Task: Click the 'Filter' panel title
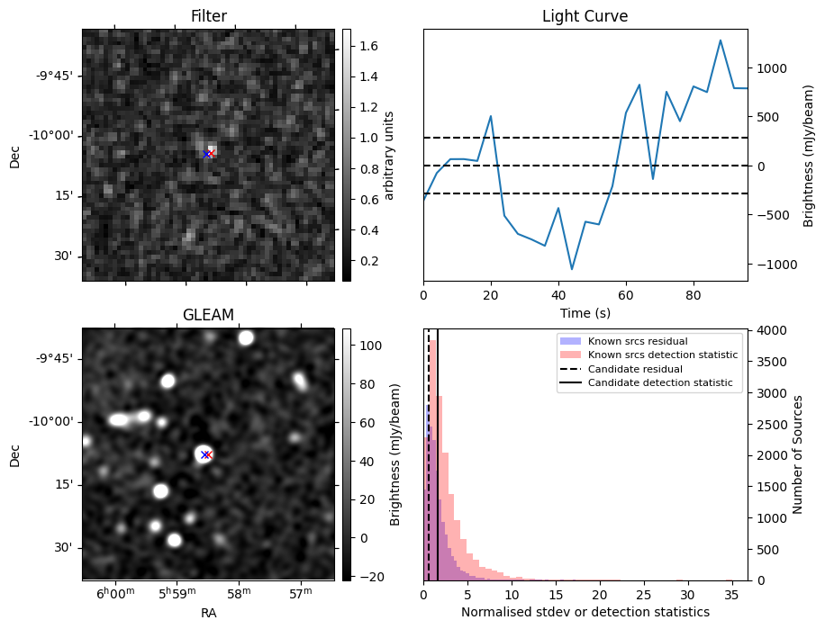(x=208, y=16)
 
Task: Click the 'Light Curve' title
(x=585, y=16)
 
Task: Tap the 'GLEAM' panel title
(x=208, y=315)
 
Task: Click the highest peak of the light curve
(x=721, y=40)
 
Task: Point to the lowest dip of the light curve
(x=571, y=269)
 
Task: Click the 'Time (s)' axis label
(x=585, y=311)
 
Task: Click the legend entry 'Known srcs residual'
(x=637, y=342)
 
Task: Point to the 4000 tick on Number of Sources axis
(x=771, y=331)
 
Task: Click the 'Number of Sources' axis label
(x=798, y=454)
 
